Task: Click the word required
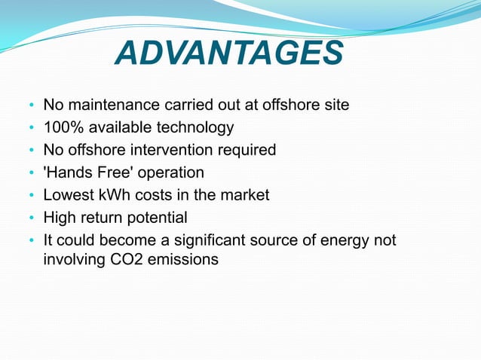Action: pyautogui.click(x=249, y=150)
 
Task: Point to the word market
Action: pyautogui.click(x=245, y=195)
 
